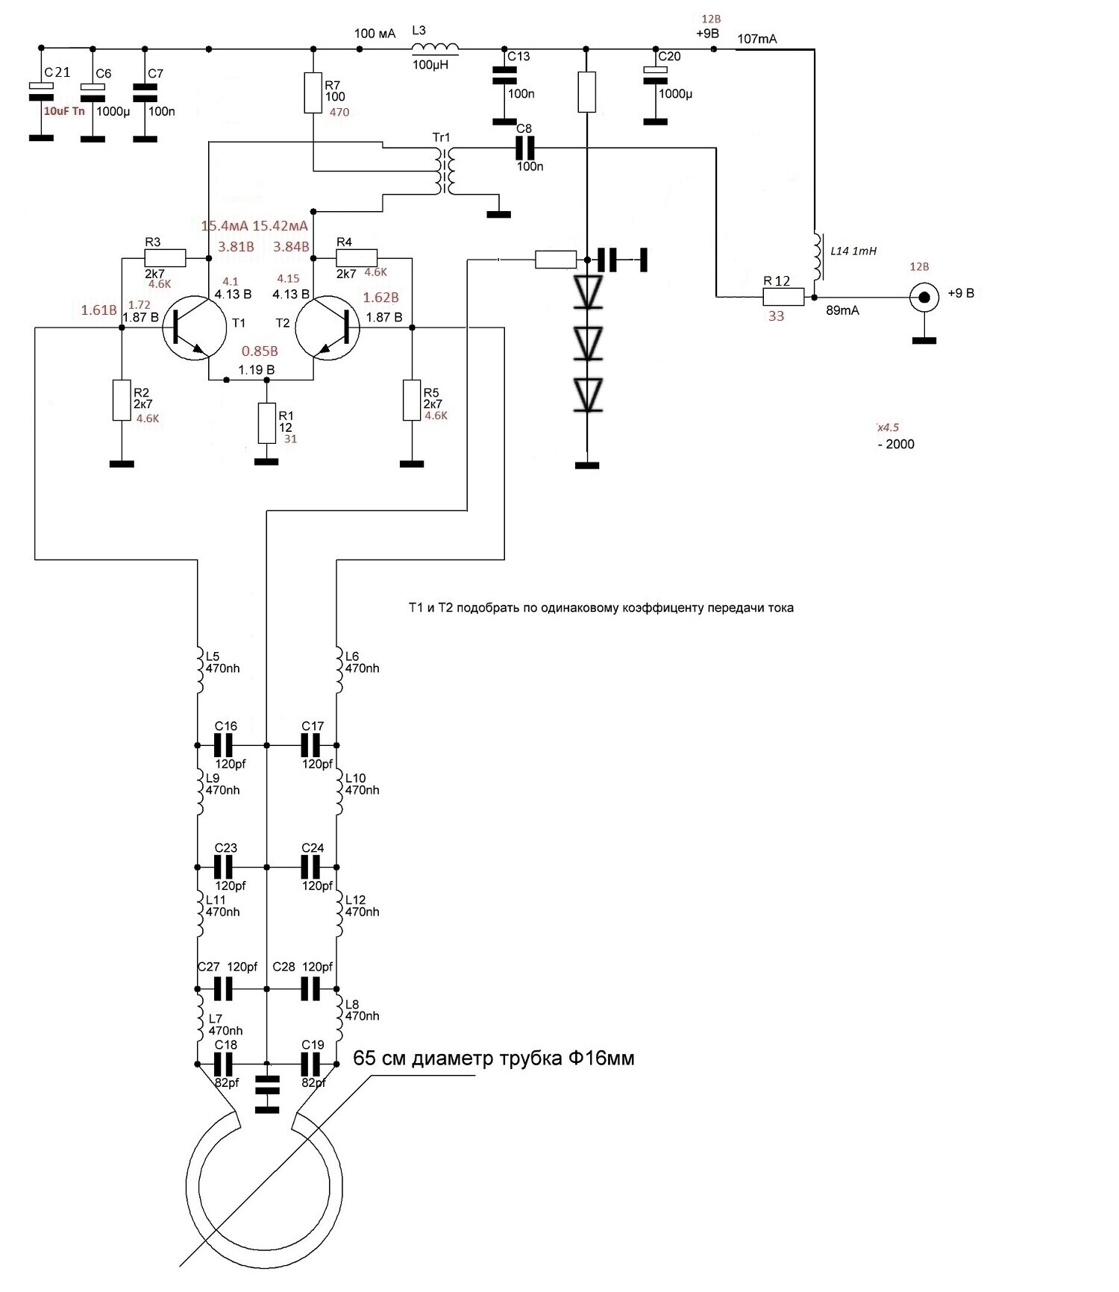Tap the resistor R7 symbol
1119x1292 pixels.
point(313,92)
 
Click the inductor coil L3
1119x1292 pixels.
point(436,48)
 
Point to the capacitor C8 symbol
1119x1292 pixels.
point(527,148)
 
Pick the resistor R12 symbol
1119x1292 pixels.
point(783,297)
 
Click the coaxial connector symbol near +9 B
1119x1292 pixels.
point(924,298)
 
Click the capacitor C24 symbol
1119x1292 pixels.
point(310,867)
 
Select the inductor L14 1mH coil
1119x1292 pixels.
point(818,255)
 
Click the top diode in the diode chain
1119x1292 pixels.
point(588,292)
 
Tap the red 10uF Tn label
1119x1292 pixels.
point(64,111)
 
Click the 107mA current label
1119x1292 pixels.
point(757,39)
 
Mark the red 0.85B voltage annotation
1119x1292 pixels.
point(260,351)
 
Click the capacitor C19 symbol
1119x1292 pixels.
point(311,1063)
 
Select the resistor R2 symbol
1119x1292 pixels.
point(122,400)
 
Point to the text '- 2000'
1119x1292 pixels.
point(896,444)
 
